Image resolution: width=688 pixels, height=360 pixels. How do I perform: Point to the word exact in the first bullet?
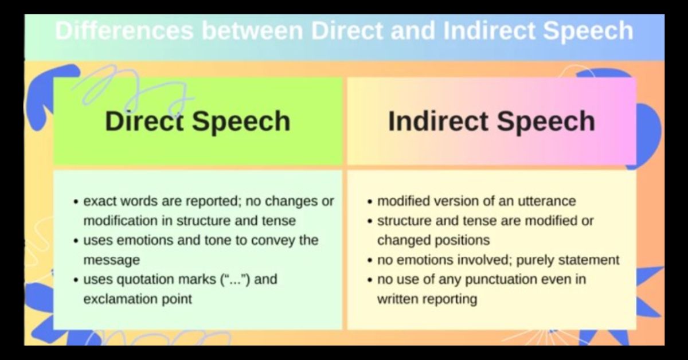click(x=100, y=201)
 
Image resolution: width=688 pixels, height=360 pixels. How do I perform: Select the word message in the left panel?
click(x=111, y=260)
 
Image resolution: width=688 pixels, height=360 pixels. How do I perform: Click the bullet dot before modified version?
click(x=370, y=202)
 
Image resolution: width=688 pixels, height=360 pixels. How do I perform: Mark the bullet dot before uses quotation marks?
click(x=76, y=281)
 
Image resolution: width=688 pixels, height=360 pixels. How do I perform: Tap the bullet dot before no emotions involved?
click(x=370, y=261)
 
